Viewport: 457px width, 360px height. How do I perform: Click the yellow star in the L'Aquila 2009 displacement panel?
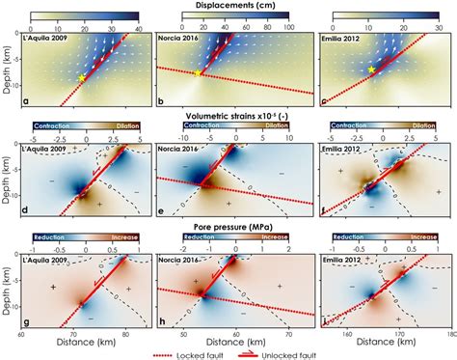coord(84,78)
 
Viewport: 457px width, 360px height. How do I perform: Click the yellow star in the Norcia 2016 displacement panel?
coord(200,74)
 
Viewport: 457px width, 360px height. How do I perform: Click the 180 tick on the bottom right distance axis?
coord(449,336)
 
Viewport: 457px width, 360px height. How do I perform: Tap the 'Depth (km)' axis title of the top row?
coord(7,69)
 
